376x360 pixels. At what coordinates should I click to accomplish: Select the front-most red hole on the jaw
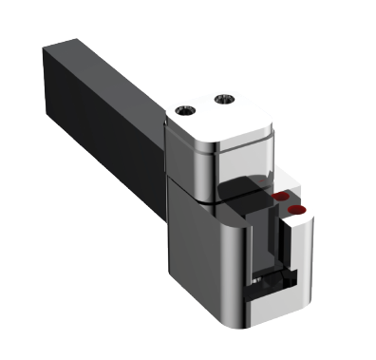tap(297, 208)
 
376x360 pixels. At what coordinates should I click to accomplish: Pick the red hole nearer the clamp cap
tap(281, 195)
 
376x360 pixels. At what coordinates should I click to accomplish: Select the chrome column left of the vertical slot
tap(245, 256)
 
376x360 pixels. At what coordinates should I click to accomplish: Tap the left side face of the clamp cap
tap(182, 157)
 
